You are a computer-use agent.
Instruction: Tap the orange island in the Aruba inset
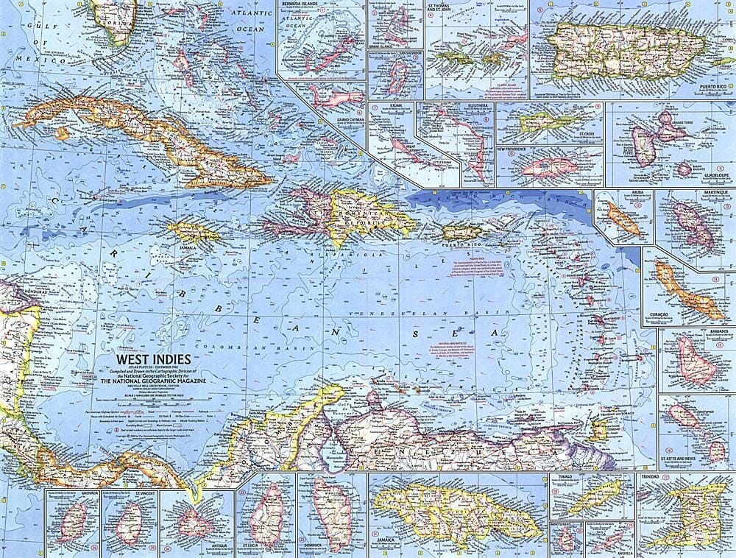[622, 219]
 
